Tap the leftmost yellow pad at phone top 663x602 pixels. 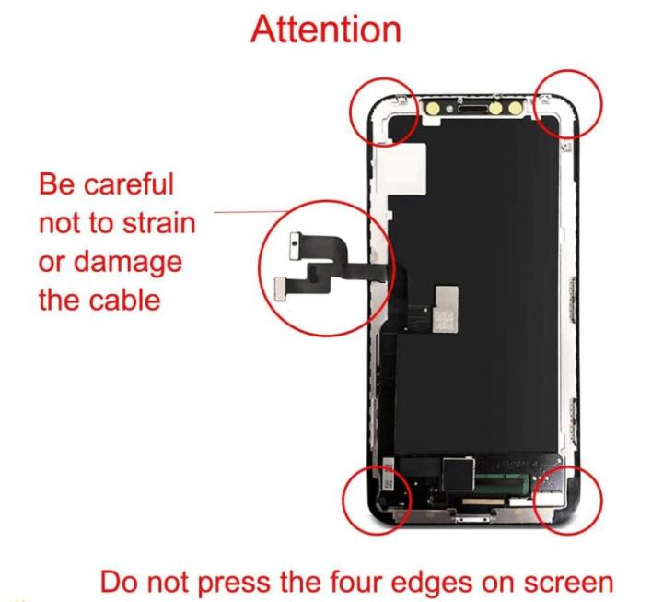click(430, 107)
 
